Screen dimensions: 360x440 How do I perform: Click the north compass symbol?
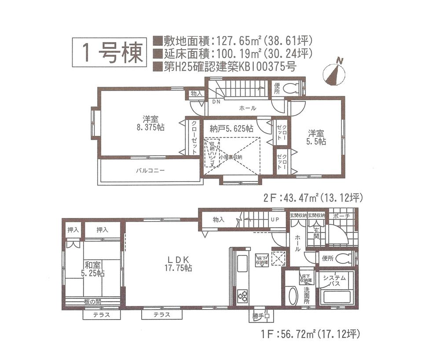point(333,73)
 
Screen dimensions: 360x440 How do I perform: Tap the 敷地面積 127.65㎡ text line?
point(233,41)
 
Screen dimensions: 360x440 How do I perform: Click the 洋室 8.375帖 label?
point(150,123)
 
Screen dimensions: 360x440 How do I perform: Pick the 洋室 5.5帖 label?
point(316,137)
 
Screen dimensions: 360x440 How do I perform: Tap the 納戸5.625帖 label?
point(231,129)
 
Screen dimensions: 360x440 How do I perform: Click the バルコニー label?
point(150,171)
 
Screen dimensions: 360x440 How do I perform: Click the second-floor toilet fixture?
point(291,89)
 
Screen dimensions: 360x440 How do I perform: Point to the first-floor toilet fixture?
point(344,258)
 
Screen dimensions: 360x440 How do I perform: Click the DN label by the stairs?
point(216,102)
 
